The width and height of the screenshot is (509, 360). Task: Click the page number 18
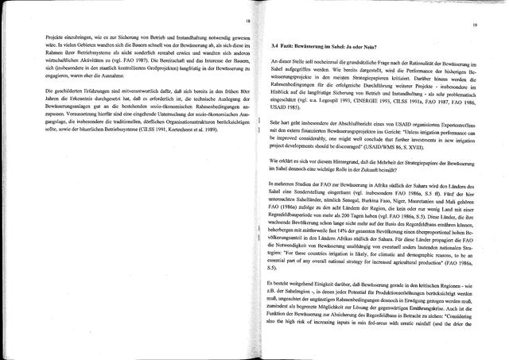click(x=248, y=20)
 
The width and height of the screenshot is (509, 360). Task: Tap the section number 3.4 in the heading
click(x=275, y=48)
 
